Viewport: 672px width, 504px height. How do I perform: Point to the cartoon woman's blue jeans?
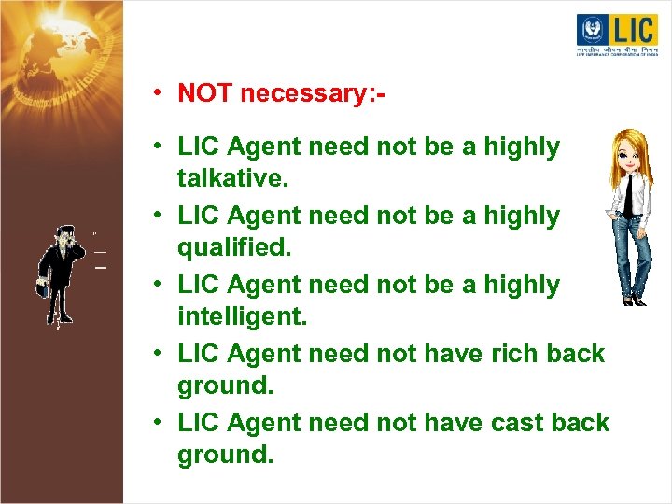[x=634, y=252]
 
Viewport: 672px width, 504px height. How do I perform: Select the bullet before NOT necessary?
[x=161, y=93]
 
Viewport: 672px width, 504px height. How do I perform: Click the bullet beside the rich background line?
[x=161, y=354]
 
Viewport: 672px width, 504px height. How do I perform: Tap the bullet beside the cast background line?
[x=161, y=423]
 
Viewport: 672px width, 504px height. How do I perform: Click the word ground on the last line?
[x=223, y=455]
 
